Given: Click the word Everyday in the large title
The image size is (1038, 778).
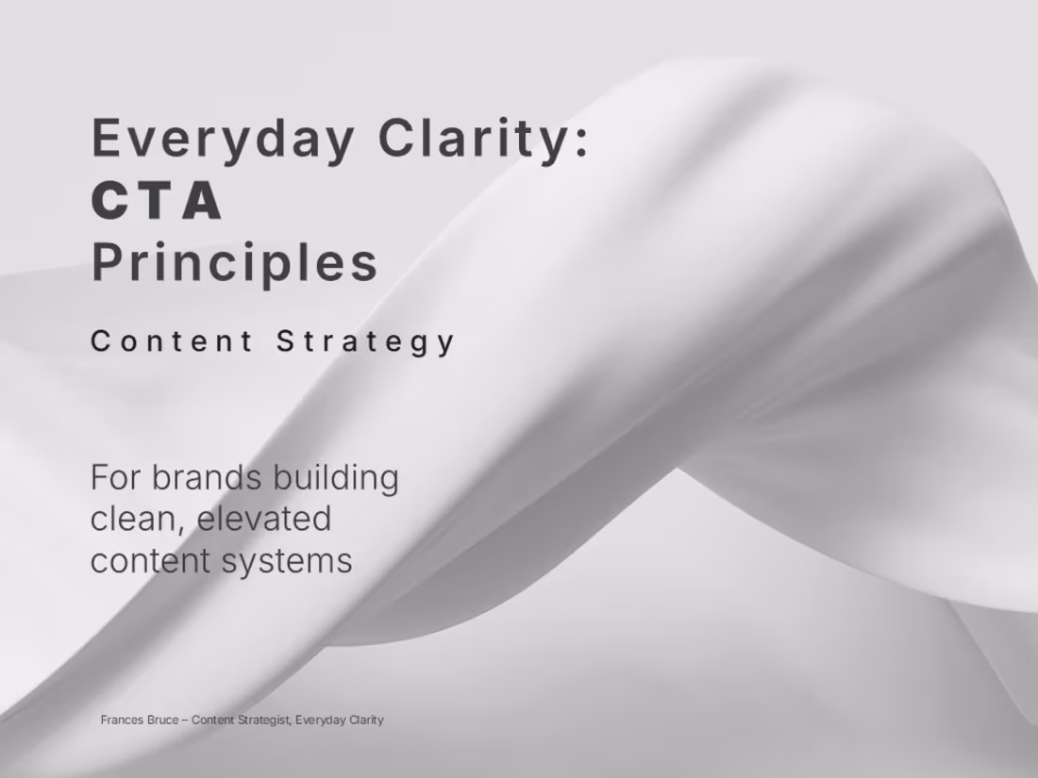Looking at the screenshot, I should pos(222,138).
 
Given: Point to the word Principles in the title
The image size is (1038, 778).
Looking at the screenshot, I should pos(235,262).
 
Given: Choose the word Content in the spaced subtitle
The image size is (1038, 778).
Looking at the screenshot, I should pos(172,341).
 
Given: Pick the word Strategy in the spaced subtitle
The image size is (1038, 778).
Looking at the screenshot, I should pos(366,341).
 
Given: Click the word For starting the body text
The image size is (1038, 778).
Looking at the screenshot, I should pos(115,477).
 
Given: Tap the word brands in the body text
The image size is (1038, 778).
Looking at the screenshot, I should pos(207,477).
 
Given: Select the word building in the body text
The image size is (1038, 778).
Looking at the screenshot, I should pos(335,477).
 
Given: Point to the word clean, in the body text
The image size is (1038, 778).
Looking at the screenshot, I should pos(138,519).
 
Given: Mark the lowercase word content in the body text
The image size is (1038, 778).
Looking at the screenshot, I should pos(151,560).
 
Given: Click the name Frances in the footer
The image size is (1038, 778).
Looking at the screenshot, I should pos(122,720).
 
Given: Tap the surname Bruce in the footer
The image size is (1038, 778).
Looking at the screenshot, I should pos(161,720).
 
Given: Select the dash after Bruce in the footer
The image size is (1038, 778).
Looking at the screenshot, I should pos(184,720).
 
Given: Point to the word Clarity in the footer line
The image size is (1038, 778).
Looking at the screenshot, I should pos(366,720).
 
